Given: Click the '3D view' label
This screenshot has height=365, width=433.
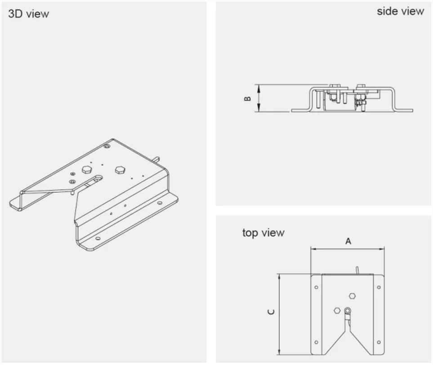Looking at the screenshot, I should (28, 13).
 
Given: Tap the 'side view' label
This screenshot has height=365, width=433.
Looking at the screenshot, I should (400, 11).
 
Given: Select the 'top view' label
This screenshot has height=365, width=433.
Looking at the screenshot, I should (263, 232).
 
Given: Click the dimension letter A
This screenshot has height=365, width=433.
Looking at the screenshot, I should (348, 241).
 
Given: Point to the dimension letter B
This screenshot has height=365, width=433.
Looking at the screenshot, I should (247, 98).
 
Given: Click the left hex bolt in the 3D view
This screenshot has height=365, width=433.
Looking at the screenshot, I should (86, 169).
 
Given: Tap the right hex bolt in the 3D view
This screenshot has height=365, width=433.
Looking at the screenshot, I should (120, 169).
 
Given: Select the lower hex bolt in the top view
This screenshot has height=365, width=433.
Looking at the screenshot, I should (337, 310).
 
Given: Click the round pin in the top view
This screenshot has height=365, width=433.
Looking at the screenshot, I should (348, 310).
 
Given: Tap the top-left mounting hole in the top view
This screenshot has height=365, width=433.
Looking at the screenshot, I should (317, 287).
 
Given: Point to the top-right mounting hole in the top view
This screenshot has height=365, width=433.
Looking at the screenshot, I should (379, 287).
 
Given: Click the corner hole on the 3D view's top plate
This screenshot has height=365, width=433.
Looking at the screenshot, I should (106, 147).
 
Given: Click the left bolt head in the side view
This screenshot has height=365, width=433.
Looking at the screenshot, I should (334, 86).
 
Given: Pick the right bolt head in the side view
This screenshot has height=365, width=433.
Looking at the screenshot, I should (361, 86).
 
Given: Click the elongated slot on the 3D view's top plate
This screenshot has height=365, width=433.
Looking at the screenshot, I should (95, 180).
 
